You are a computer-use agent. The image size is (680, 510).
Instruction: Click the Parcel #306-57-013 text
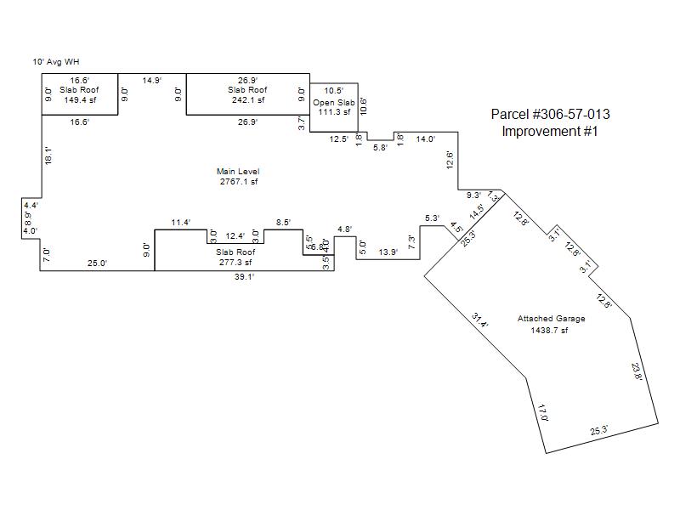[550, 115]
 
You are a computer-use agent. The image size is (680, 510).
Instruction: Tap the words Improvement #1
[550, 131]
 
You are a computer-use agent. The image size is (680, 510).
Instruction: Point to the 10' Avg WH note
[56, 61]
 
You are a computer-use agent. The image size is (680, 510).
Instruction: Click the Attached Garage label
[551, 319]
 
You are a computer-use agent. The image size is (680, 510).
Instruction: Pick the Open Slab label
[333, 102]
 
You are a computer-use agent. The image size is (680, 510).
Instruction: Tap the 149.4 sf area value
[79, 99]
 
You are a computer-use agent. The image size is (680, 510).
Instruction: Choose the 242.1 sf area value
[247, 99]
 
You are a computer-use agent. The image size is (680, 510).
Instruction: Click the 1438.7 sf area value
[549, 330]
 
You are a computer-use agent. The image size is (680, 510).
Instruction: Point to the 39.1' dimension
[244, 277]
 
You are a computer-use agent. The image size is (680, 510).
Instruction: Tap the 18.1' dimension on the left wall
[48, 156]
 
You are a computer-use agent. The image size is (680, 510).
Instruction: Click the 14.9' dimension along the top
[151, 80]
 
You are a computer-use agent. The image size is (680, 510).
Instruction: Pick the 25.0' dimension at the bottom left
[97, 263]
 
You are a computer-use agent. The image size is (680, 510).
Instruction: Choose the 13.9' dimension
[388, 252]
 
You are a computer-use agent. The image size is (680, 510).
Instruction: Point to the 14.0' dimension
[425, 139]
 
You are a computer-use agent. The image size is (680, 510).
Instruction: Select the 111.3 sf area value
[333, 111]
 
